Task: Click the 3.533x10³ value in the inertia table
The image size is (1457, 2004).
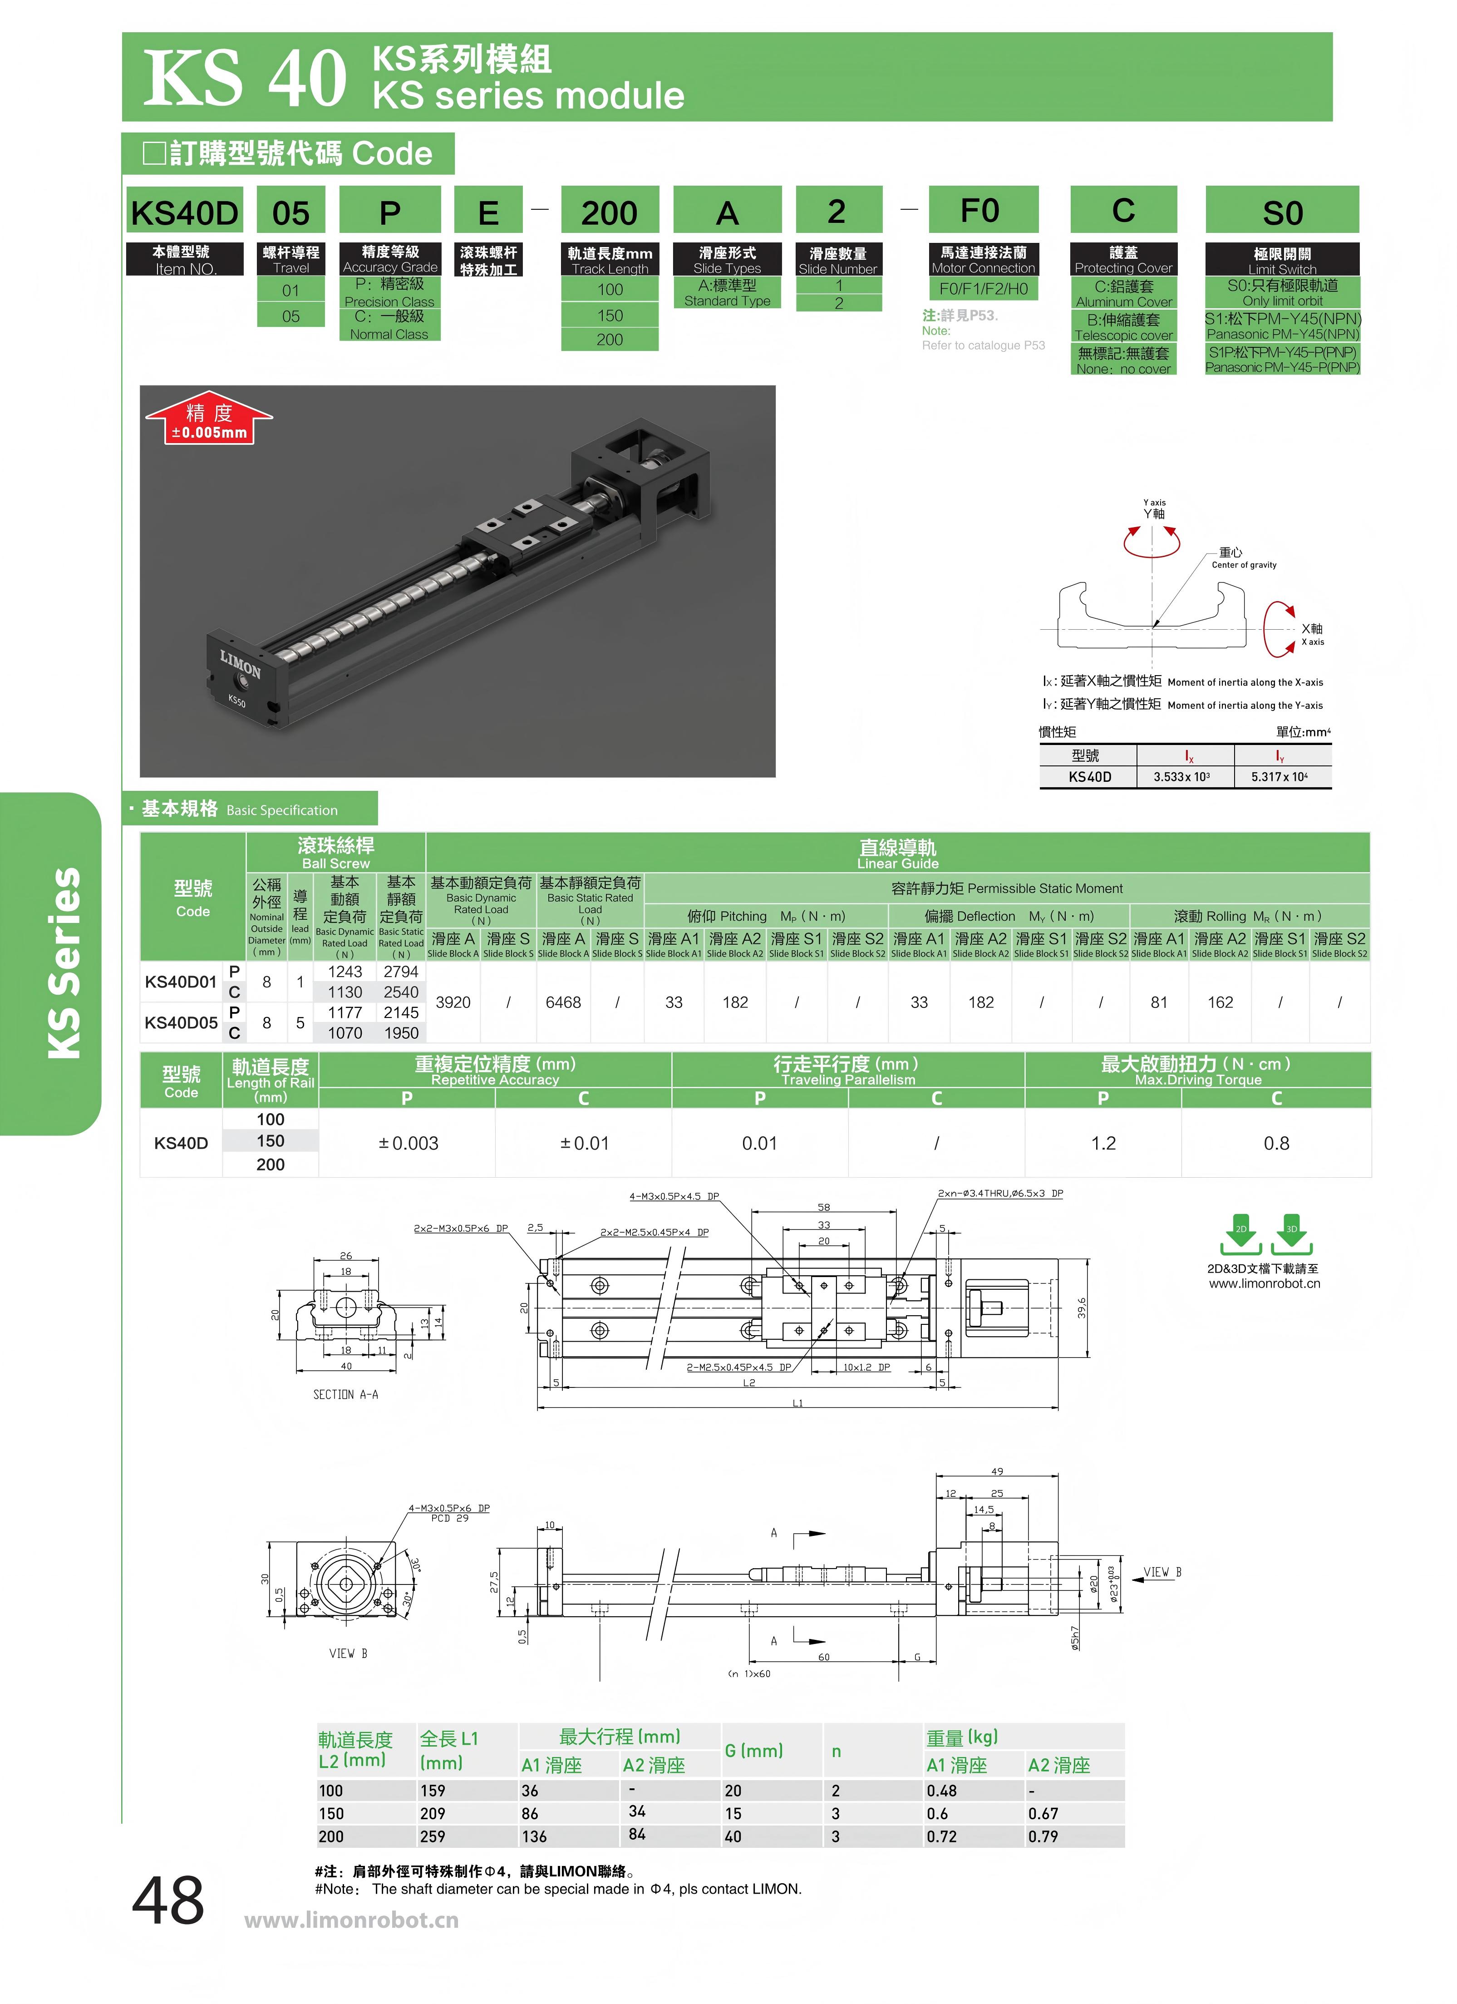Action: coord(1181,777)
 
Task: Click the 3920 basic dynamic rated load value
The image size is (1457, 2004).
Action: coord(453,1002)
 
